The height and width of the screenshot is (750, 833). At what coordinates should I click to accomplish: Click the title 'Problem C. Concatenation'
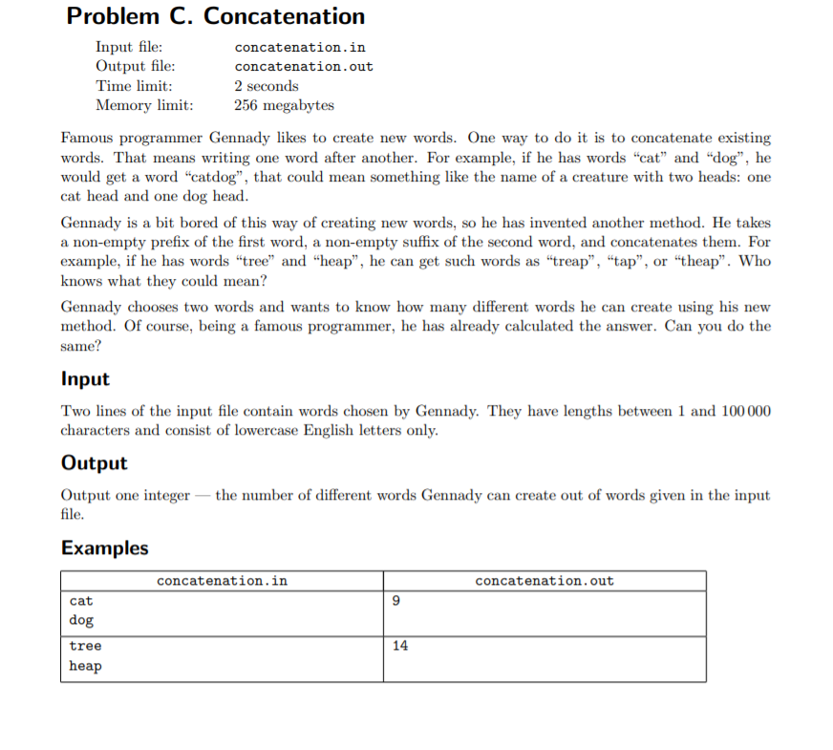point(216,16)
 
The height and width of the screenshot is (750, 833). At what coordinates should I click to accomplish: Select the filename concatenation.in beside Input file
point(300,47)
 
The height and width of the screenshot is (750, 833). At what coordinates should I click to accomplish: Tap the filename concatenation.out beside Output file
point(304,66)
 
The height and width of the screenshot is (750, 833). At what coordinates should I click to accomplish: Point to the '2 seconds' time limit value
point(267,86)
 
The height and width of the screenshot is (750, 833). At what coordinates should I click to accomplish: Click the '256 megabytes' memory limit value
point(284,105)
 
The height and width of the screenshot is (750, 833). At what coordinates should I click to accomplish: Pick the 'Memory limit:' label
point(144,105)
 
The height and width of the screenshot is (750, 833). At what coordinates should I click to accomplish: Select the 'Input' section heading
point(85,378)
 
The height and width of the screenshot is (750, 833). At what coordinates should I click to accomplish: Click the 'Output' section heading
point(94,463)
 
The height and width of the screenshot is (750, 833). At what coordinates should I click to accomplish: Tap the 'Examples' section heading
point(104,548)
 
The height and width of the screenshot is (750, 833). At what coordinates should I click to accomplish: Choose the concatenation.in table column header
point(222,581)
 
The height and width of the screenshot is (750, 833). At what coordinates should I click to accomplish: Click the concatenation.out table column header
point(545,581)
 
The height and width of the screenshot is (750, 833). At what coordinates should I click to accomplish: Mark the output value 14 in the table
point(399,646)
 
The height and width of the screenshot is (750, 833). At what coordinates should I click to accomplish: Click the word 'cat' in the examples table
point(81,601)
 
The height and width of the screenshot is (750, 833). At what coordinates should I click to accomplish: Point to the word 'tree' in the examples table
point(85,646)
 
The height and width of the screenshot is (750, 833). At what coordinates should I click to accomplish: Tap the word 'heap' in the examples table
point(85,666)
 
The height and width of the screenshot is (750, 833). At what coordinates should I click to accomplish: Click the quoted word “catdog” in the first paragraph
point(215,177)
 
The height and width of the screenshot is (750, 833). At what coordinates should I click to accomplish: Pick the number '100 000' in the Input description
point(746,411)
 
